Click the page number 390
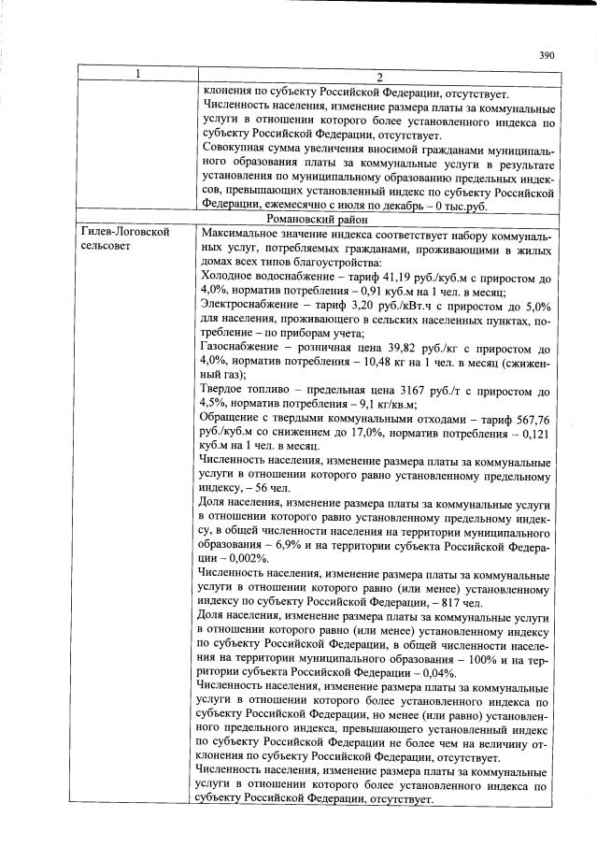547,55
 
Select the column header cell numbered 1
135,76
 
